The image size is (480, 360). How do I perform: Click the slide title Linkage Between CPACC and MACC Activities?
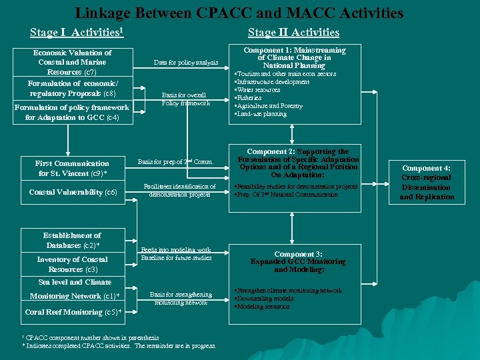239,13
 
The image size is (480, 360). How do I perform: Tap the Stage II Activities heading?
293,33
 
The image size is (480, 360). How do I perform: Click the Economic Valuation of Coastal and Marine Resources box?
72,62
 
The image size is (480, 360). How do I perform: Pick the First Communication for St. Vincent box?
73,168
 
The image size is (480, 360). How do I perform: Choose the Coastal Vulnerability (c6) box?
73,192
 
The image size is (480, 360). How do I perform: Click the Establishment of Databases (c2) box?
72,241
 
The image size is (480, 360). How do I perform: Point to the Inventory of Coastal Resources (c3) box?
72,264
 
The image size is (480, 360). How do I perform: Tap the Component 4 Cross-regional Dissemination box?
427,183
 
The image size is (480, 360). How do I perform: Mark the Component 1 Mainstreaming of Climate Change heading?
295,58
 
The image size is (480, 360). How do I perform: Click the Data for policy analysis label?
186,63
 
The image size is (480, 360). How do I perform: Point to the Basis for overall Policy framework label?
186,99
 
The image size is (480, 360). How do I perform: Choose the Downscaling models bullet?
265,299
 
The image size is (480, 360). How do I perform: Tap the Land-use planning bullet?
261,113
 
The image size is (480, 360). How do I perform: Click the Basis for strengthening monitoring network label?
181,298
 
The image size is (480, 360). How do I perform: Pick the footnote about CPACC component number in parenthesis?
89,337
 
